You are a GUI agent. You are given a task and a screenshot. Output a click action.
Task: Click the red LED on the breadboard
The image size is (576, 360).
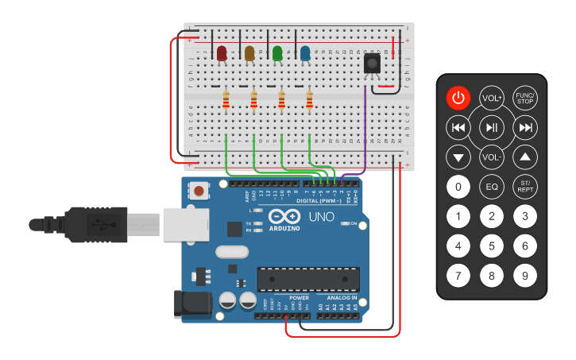222,53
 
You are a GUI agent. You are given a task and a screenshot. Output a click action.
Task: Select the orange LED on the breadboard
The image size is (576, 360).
249,53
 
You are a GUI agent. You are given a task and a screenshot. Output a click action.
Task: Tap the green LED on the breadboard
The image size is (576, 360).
277,53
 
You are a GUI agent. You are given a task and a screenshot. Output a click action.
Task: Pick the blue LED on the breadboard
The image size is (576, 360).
305,53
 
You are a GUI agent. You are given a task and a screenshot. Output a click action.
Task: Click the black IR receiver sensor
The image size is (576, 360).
371,64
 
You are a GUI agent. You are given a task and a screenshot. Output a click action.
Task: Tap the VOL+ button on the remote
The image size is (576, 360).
492,98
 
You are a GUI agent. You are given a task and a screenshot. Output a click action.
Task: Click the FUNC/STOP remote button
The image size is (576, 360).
524,98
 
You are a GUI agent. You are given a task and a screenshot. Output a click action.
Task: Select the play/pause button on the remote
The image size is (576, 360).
492,127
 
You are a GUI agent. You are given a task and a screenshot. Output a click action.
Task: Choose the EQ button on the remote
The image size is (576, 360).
492,188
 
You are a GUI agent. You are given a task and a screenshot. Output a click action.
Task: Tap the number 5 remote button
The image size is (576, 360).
492,246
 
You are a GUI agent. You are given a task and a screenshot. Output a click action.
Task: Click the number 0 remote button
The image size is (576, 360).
458,188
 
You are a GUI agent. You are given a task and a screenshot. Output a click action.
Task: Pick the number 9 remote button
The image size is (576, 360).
524,276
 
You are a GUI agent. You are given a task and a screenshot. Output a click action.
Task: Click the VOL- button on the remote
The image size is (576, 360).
492,157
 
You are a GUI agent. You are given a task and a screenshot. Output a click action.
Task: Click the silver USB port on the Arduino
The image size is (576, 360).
184,224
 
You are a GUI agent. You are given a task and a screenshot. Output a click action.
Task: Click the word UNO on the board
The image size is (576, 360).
321,216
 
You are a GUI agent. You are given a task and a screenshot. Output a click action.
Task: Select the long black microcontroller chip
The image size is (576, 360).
307,279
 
